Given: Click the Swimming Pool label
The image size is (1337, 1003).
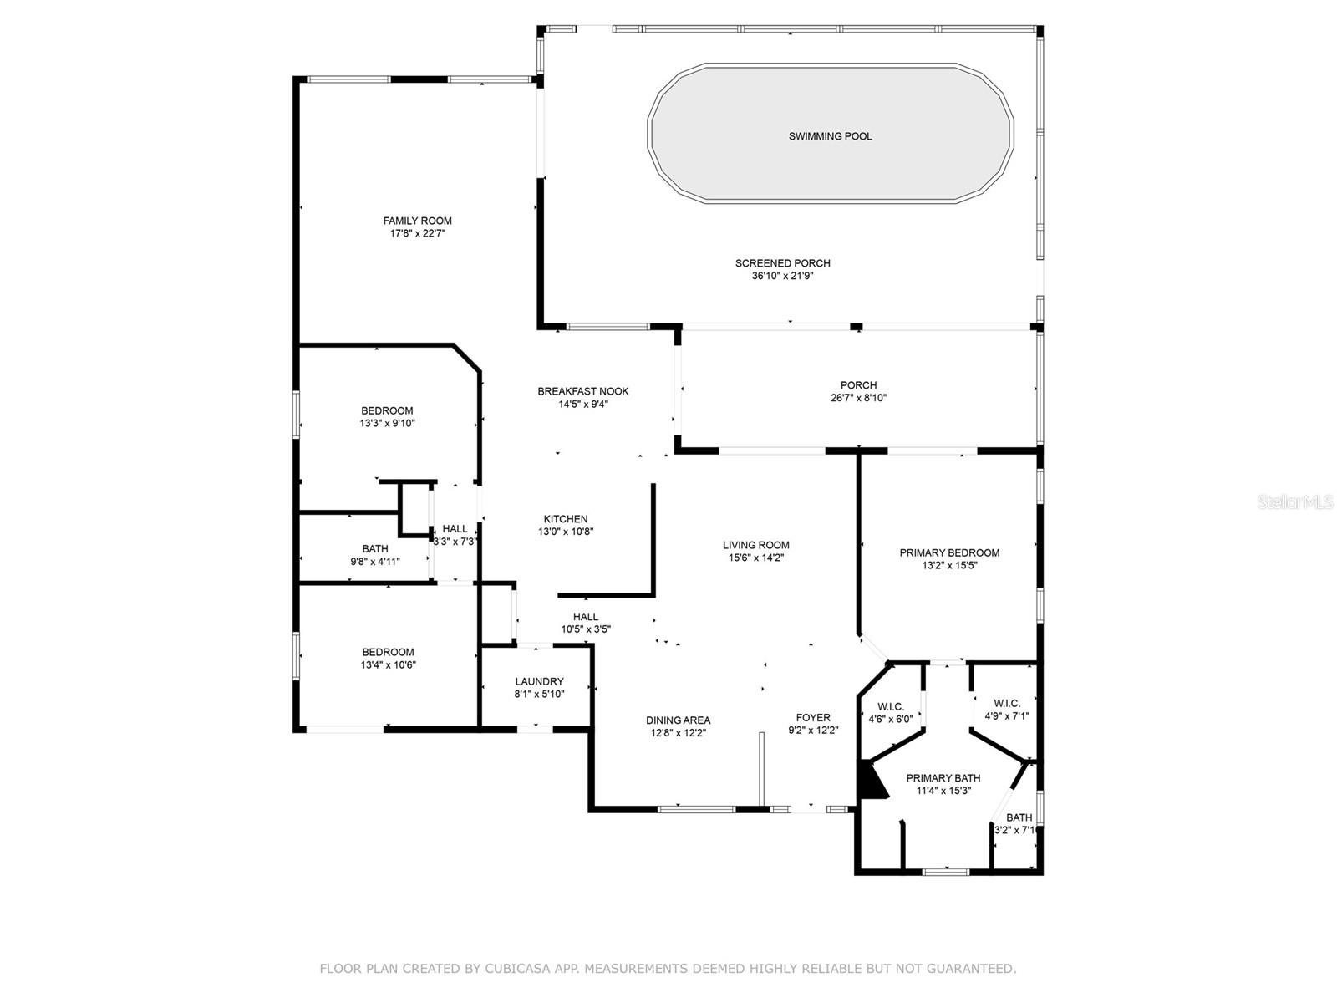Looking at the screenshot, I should tap(830, 136).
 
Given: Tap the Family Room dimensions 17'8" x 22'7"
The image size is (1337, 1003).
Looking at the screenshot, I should tap(417, 234).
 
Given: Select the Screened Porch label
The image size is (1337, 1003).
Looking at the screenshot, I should tap(782, 263).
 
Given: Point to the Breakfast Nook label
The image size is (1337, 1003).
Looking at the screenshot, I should tap(583, 391).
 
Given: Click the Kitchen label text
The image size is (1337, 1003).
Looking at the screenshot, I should tap(566, 519).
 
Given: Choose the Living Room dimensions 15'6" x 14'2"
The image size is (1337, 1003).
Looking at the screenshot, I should tap(755, 558).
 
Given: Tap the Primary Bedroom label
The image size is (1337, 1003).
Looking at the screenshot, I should tap(949, 552).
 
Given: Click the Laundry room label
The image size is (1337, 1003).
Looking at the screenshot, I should tap(539, 681).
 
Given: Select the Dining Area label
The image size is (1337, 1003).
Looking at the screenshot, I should tap(678, 720).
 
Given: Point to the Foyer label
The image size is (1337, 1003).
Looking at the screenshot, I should tap(813, 717).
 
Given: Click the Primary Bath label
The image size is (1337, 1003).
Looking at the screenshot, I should tap(943, 777).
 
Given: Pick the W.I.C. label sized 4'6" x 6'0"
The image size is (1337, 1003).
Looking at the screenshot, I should tap(891, 707).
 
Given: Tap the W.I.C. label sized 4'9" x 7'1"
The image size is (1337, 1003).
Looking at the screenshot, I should tap(1007, 704).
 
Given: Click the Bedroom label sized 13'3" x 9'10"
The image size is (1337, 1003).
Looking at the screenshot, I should tap(387, 410).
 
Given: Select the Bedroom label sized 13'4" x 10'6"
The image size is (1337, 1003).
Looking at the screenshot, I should tap(388, 652).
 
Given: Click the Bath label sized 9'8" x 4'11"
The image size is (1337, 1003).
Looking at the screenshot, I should tap(375, 549).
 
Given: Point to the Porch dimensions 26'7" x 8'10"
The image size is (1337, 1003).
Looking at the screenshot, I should tap(858, 398).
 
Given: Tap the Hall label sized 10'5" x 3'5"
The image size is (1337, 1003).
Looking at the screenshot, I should tap(586, 617).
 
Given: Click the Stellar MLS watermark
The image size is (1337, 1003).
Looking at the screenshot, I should tap(1295, 502).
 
